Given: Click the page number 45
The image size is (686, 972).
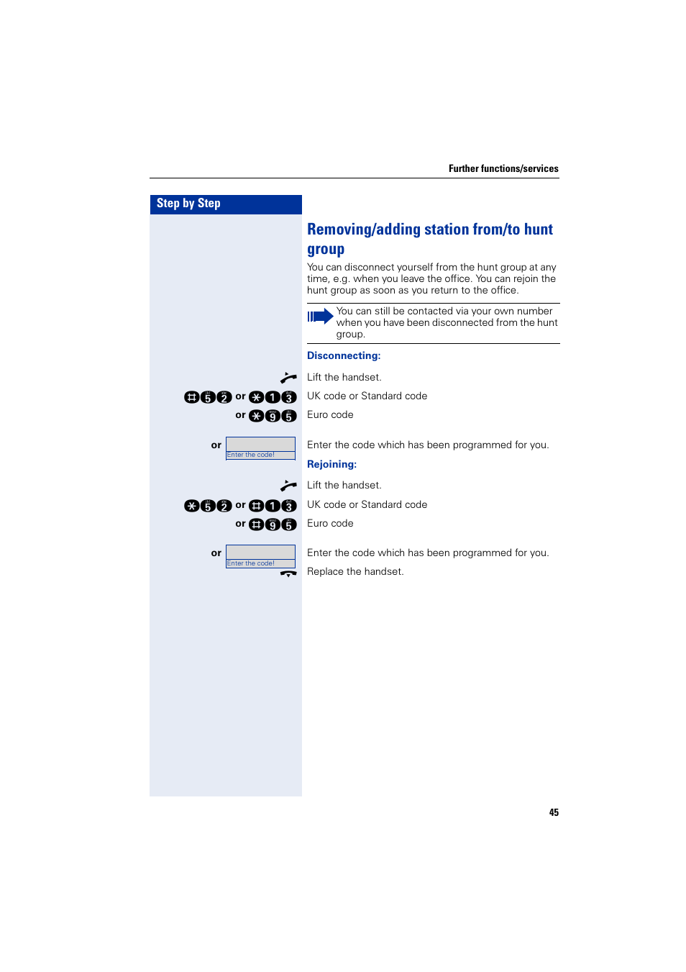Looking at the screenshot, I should (554, 812).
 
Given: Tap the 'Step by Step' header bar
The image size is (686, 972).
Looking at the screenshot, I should (225, 204).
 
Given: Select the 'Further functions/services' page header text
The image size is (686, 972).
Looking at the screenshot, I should (503, 168).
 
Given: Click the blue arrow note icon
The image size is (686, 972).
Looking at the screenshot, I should (320, 316).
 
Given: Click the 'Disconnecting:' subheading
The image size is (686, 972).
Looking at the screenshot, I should (344, 355).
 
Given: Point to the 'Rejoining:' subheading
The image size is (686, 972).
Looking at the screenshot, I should (331, 464).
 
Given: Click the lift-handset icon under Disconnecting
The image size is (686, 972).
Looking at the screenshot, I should (288, 377).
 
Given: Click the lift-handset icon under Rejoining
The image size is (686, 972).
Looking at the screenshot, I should (288, 486).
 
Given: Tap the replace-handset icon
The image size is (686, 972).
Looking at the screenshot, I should (288, 573).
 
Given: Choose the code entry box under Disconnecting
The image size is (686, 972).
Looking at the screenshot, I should (260, 448).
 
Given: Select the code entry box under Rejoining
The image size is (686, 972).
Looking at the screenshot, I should (260, 556).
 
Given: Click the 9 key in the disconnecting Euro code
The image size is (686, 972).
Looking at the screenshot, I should (273, 416).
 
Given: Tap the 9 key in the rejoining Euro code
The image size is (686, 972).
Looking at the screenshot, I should (273, 524).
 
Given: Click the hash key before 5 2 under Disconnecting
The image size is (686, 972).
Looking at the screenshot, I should (191, 397).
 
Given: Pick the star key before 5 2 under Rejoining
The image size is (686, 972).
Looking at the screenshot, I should (191, 506).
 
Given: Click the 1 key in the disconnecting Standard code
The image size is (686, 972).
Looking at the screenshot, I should (273, 397).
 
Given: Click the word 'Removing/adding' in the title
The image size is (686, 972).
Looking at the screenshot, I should (363, 230).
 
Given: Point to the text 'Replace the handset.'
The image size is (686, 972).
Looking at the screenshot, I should (355, 571).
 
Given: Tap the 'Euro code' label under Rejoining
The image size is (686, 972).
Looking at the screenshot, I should (330, 523).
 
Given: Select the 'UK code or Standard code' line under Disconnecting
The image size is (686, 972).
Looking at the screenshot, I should (367, 396).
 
